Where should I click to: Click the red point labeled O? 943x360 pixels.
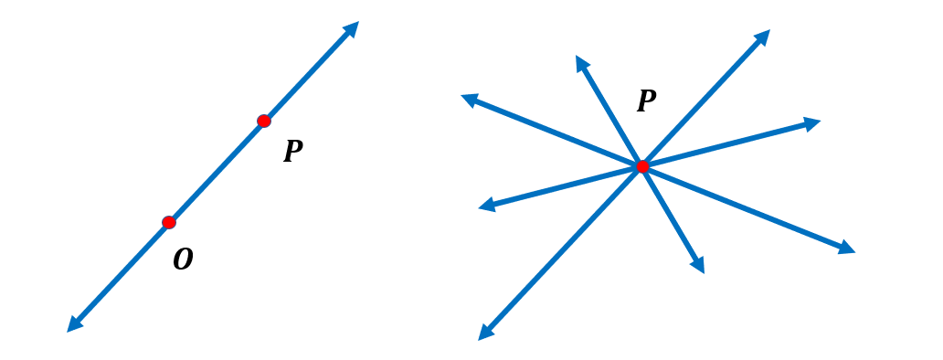coord(169,222)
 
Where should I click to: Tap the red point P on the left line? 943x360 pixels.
coord(264,121)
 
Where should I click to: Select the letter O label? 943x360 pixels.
coord(183,260)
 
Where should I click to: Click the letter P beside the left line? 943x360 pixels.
coord(292,152)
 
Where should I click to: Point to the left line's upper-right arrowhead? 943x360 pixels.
coord(352,27)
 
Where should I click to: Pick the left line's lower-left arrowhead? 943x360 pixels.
coord(73,325)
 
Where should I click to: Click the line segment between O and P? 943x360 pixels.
coord(217,172)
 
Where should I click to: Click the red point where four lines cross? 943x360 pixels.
coord(642,166)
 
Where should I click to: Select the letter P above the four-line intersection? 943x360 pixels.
coord(646,101)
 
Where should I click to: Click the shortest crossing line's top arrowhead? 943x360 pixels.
coord(580,62)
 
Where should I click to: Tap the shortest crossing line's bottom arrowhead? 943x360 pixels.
coord(699,266)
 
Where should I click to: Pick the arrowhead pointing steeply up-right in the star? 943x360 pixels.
coord(763,37)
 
